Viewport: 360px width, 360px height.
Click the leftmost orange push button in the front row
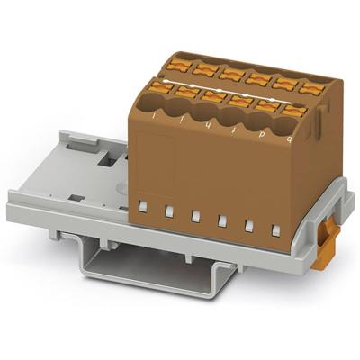(x=162, y=87)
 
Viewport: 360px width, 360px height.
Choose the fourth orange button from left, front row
(x=238, y=101)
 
